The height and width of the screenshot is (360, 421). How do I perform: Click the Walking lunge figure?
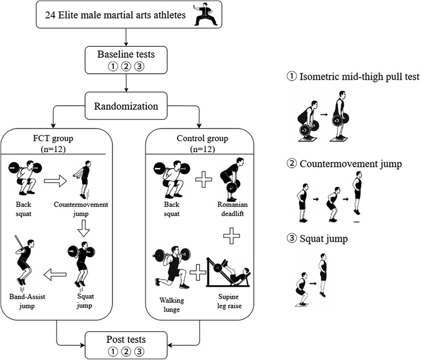coord(170,268)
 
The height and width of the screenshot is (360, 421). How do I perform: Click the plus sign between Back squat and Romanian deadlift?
coord(203,181)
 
